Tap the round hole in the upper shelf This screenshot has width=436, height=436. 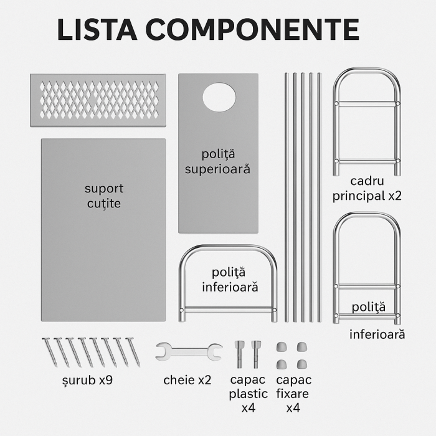tap(219, 97)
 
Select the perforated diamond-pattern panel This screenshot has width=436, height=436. tap(98, 100)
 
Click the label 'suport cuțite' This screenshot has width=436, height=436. tap(104, 196)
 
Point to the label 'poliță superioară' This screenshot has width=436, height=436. tap(217, 161)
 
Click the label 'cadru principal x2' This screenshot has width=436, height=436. tap(367, 188)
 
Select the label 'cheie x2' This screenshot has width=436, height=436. tap(187, 379)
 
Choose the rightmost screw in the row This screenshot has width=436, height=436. tap(133, 351)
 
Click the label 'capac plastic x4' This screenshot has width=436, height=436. tap(248, 394)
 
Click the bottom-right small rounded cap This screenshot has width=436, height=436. tap(302, 363)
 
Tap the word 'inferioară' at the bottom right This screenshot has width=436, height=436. tap(377, 334)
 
